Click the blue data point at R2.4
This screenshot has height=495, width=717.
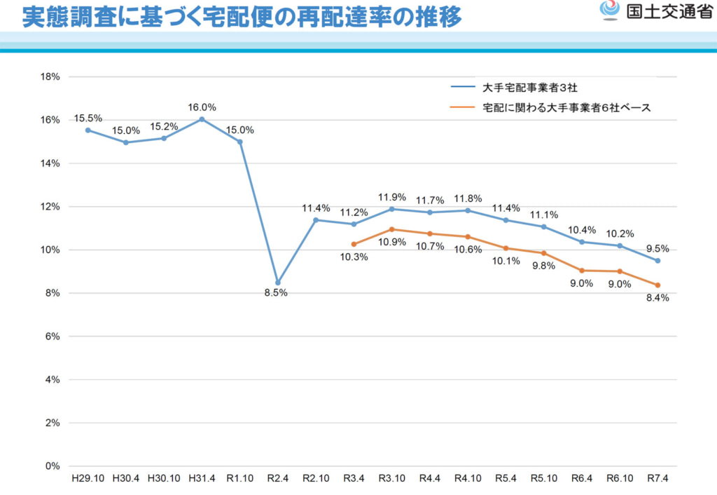pyautogui.click(x=278, y=283)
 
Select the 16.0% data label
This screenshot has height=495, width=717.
pyautogui.click(x=202, y=107)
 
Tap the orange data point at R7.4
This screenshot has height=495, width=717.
pyautogui.click(x=657, y=285)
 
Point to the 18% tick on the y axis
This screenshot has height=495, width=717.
pyautogui.click(x=50, y=76)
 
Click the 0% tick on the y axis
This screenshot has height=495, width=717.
pyautogui.click(x=53, y=466)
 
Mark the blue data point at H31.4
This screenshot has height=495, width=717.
pyautogui.click(x=202, y=119)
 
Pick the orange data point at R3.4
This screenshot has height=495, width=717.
pyautogui.click(x=354, y=244)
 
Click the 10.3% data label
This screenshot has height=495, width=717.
pyautogui.click(x=354, y=257)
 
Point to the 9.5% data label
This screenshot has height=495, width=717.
pyautogui.click(x=658, y=248)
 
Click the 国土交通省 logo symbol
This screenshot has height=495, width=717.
pyautogui.click(x=610, y=11)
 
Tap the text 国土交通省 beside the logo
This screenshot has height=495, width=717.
pyautogui.click(x=669, y=12)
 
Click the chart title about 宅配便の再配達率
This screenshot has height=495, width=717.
pyautogui.click(x=242, y=18)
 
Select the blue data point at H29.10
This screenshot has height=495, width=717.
pyautogui.click(x=88, y=130)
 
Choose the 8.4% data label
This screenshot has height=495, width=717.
pyautogui.click(x=658, y=297)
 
